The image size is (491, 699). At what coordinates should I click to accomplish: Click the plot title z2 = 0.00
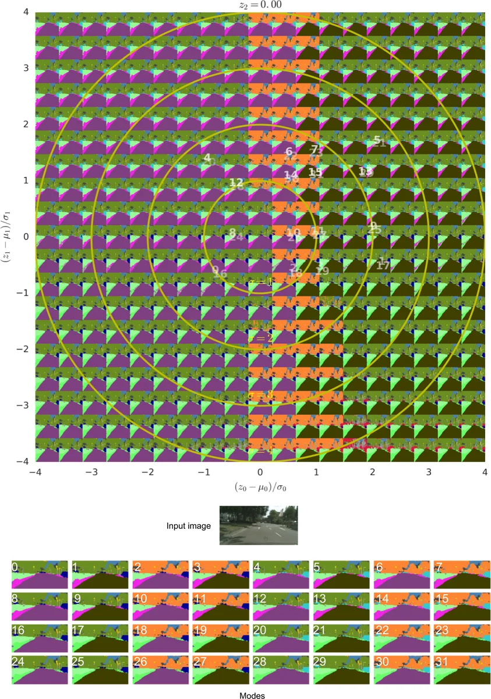coord(260,5)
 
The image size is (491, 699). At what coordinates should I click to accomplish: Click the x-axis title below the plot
coord(260,487)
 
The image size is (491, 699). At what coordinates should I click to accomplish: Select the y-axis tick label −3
coord(24,405)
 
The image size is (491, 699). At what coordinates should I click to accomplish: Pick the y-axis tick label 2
coord(26,124)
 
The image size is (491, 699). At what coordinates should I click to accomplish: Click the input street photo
coord(258,525)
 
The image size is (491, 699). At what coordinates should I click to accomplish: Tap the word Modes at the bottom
coord(252,695)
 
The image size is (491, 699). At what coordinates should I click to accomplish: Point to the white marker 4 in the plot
coord(207,158)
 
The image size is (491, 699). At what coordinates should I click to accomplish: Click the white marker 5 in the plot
coord(377,140)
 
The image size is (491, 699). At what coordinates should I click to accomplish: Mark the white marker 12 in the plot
coord(236,182)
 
